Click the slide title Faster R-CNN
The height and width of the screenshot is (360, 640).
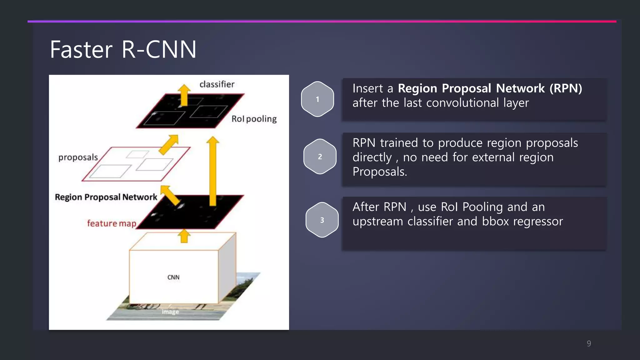pyautogui.click(x=123, y=50)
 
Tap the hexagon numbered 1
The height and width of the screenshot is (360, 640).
pyautogui.click(x=317, y=99)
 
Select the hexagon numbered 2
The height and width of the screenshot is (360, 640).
pyautogui.click(x=320, y=157)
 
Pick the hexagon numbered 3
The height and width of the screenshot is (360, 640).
pyautogui.click(x=322, y=220)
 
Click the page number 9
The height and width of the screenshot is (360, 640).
pyautogui.click(x=589, y=343)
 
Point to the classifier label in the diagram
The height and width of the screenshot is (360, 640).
pyautogui.click(x=217, y=84)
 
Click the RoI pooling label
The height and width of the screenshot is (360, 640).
pyautogui.click(x=254, y=119)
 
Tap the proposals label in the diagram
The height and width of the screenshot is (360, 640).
pyautogui.click(x=78, y=157)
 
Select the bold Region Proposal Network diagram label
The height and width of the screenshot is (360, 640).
pyautogui.click(x=106, y=197)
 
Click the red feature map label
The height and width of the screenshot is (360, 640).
pyautogui.click(x=112, y=223)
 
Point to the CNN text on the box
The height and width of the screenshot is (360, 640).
pyautogui.click(x=173, y=277)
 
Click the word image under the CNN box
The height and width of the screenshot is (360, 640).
pyautogui.click(x=170, y=312)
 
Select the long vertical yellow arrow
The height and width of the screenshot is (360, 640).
pyautogui.click(x=213, y=172)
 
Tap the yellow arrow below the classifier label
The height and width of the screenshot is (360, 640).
pyautogui.click(x=184, y=95)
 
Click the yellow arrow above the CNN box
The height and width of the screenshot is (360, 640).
pyautogui.click(x=184, y=236)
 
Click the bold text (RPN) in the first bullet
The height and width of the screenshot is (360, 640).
pyautogui.click(x=566, y=88)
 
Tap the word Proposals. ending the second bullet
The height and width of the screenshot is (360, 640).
pyautogui.click(x=380, y=172)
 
